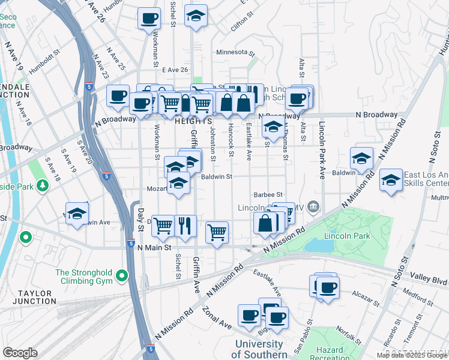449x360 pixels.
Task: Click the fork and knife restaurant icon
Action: tap(185, 226)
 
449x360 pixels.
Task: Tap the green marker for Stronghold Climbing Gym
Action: tap(122, 277)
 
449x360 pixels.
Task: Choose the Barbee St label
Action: tap(268, 194)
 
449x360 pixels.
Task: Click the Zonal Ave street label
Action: tap(217, 318)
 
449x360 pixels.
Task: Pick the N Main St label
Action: tap(154, 247)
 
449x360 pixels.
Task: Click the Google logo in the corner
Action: tap(20, 353)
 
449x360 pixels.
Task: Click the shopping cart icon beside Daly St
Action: tap(163, 226)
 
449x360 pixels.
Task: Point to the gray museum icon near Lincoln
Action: tap(312, 208)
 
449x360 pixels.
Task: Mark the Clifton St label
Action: tap(238, 25)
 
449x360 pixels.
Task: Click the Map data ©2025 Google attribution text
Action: tap(412, 355)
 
